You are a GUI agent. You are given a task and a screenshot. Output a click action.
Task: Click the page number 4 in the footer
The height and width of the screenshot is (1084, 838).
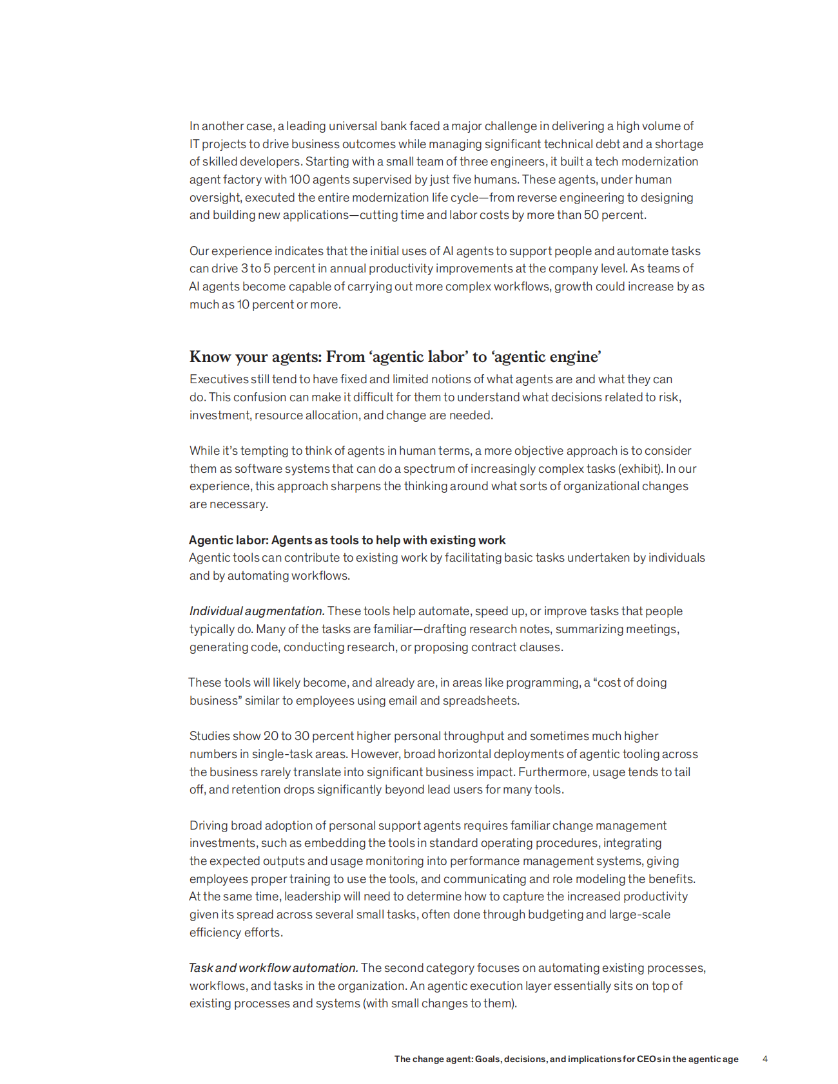point(765,1059)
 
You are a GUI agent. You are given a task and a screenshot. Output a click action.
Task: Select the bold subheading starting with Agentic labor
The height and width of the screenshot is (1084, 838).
point(347,540)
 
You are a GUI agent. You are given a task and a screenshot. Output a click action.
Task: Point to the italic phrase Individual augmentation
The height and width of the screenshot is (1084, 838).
point(257,611)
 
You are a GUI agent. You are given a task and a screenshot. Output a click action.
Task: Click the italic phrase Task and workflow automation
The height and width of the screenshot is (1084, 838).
point(273,967)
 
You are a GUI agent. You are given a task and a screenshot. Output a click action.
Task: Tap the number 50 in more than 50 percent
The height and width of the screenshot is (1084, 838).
point(591,214)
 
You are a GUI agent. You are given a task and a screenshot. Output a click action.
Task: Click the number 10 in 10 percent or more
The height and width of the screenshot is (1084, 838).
point(243,304)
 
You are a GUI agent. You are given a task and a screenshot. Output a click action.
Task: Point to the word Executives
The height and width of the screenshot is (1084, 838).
point(219,379)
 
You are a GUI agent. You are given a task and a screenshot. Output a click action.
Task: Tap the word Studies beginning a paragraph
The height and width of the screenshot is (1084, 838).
point(207,736)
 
